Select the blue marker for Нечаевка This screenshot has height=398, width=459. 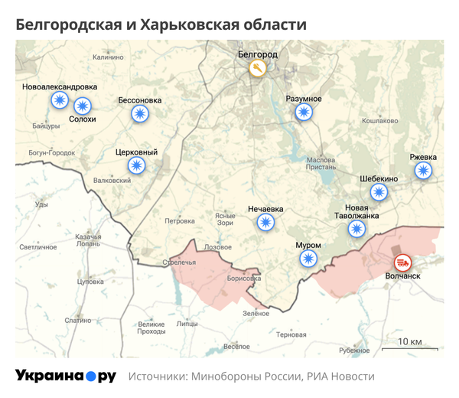pos(265,223)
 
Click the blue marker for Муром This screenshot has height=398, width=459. pos(308,259)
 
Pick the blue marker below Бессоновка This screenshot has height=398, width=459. pos(139,114)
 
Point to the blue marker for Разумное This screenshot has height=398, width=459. pos(304,113)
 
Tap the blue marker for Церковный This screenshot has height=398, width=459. pos(136,165)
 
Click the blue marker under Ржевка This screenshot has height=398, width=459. pos(423,171)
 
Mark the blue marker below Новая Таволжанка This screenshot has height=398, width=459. pos(356,228)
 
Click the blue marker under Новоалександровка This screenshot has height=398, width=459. pos(59,100)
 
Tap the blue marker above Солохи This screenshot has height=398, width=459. pos(82,106)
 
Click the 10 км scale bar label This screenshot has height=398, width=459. pos(410,341)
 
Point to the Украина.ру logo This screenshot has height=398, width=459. pos(65,376)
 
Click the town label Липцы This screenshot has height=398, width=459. pos(187,324)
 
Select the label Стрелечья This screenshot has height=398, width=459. pos(180,263)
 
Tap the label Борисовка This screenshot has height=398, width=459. pos(244,279)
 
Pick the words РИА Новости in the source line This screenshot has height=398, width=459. pos(340,377)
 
